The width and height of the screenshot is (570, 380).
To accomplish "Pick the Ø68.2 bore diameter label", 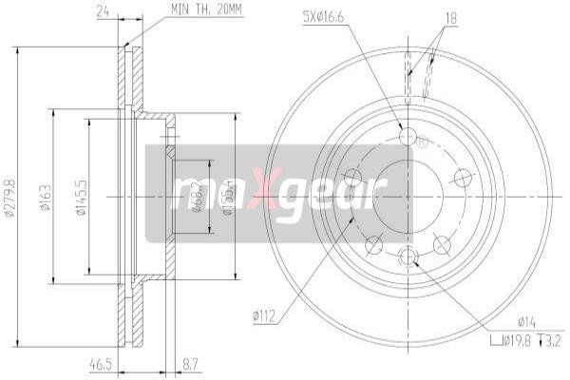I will coord(196,197).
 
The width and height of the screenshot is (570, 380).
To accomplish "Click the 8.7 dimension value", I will coord(190,364).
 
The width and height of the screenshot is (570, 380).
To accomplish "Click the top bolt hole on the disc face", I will coord(408,138).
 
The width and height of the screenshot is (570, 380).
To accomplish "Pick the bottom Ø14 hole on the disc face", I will coord(408,256).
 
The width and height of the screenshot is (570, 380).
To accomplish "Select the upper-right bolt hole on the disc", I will coord(463,177).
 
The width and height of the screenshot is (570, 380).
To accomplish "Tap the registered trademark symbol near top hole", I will coord(424,142).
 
